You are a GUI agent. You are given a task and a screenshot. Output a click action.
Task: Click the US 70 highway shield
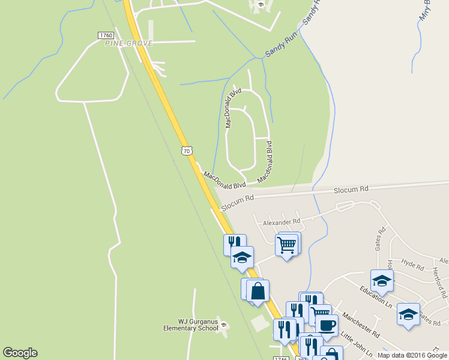click(186, 150)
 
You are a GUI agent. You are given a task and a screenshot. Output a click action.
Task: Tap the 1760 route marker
click(106, 36)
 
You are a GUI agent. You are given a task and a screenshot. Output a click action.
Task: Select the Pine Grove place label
click(128, 43)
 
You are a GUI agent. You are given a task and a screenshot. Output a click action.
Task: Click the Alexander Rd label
click(281, 223)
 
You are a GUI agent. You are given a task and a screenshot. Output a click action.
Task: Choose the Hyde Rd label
click(413, 264)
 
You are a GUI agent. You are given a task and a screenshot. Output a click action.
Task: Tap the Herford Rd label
click(439, 282)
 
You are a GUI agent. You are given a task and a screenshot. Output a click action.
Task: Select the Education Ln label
click(376, 297)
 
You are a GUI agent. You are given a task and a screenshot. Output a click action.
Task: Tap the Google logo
click(20, 353)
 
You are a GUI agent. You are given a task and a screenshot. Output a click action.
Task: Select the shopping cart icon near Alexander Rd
click(287, 244)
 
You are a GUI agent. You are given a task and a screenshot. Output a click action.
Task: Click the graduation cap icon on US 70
click(242, 257)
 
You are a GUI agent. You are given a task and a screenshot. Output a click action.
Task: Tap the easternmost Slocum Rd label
click(351, 190)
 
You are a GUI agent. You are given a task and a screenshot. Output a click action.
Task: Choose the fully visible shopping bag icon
click(258, 291)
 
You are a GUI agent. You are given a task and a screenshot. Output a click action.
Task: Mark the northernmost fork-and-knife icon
click(234, 243)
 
